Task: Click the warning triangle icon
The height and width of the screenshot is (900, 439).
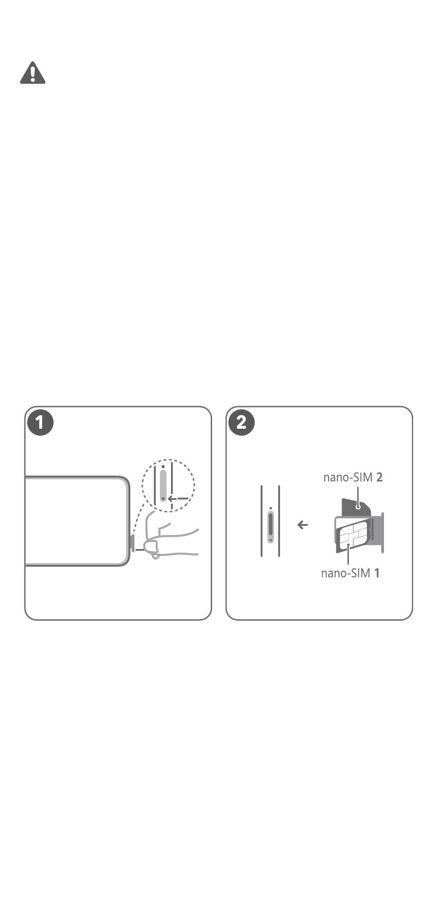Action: pos(32,73)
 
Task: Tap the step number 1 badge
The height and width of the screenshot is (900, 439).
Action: pos(40,422)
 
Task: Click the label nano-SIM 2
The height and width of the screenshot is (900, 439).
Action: pos(353,477)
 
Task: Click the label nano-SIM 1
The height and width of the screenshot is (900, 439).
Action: pos(350,573)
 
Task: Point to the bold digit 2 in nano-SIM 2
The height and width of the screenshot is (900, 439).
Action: pos(379,477)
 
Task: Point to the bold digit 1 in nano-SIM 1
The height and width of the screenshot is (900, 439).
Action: pos(377,573)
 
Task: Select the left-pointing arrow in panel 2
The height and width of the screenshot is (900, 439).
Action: pos(303,525)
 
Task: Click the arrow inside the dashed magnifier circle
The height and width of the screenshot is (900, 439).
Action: pos(178,499)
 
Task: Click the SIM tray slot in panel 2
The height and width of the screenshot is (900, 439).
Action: pos(270,526)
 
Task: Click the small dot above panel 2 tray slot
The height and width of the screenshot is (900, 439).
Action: pos(270,507)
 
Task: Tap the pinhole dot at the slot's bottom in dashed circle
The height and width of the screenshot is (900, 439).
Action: pos(163,499)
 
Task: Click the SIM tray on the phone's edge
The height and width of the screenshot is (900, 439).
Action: pos(133,543)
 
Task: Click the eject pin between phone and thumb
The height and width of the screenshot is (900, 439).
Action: pos(140,550)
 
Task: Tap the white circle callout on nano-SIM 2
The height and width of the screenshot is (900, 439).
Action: pos(358,507)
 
